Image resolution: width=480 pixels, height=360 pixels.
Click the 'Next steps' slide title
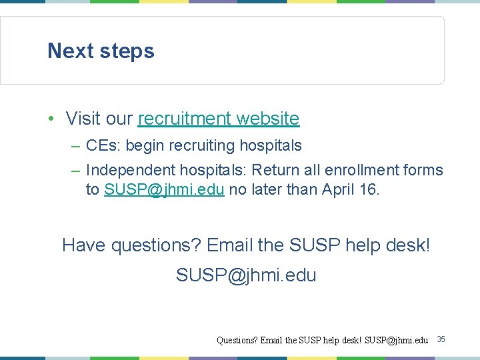pyautogui.click(x=101, y=51)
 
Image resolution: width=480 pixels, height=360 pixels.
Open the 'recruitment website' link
pyautogui.click(x=219, y=119)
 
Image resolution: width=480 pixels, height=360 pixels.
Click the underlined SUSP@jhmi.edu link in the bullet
pyautogui.click(x=164, y=189)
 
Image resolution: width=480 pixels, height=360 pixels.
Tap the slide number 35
pyautogui.click(x=441, y=340)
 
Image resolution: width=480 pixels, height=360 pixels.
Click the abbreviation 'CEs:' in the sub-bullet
pyautogui.click(x=103, y=145)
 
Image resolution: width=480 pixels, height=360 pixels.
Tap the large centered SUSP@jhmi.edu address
pyautogui.click(x=246, y=275)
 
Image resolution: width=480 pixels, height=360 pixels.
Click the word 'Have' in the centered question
pyautogui.click(x=84, y=245)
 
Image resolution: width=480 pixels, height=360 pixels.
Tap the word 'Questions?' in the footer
pyautogui.click(x=237, y=340)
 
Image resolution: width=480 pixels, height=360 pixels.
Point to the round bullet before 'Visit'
pyautogui.click(x=51, y=119)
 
